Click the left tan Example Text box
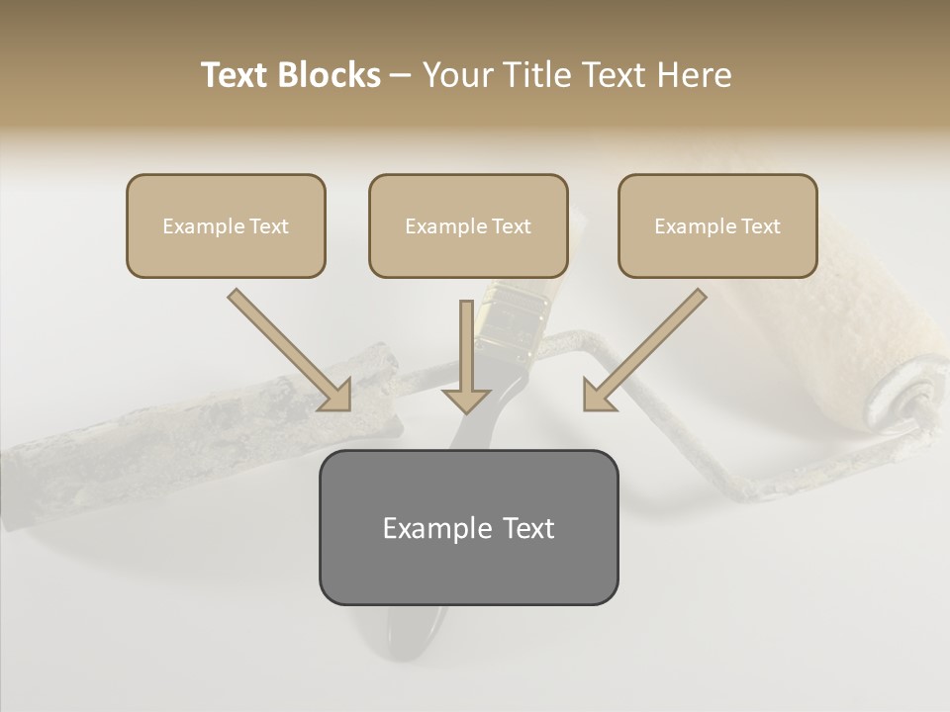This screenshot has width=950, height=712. (x=226, y=225)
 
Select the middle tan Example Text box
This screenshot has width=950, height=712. (x=468, y=225)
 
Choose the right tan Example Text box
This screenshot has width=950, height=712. (x=717, y=225)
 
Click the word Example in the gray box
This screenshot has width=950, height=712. (x=423, y=528)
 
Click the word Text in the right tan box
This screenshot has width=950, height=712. (x=760, y=226)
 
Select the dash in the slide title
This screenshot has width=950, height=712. (x=401, y=76)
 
